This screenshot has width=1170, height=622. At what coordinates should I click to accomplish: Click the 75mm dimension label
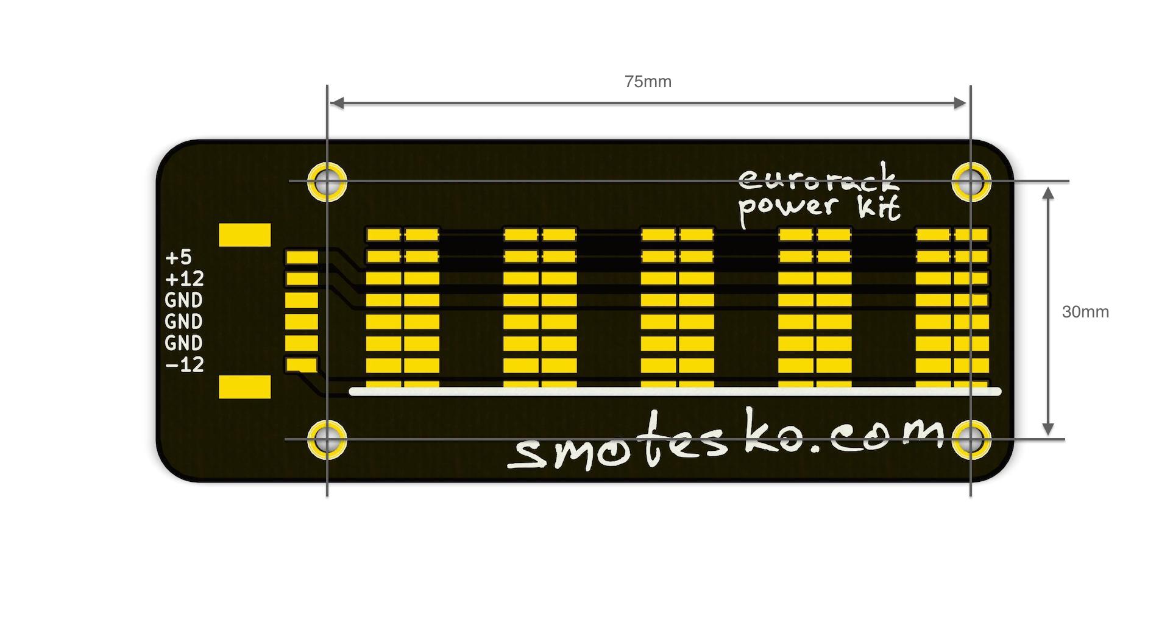pos(648,82)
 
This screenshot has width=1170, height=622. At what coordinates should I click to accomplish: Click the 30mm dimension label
pos(1085,312)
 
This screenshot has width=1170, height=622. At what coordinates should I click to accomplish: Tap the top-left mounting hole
pos(327,182)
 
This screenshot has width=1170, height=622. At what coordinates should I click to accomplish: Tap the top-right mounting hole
pos(971,182)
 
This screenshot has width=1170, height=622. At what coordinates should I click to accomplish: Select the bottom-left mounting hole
pos(327,439)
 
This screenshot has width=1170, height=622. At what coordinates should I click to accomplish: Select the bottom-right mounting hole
pos(971,439)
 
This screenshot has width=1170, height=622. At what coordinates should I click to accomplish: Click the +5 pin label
pos(179,258)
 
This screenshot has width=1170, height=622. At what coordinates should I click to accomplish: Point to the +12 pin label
pos(185,279)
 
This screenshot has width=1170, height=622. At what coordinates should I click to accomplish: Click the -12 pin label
pos(185,365)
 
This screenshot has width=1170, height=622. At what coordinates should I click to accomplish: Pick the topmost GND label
pos(184,300)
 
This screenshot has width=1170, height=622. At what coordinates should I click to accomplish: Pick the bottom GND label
pos(184,343)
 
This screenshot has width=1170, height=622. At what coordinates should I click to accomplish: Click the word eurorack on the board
pos(818,178)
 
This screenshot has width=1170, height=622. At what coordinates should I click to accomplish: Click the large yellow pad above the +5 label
pos(244,235)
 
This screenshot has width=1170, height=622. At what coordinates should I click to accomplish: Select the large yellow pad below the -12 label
pos(244,387)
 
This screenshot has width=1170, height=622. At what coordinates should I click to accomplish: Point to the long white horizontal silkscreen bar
pos(675,392)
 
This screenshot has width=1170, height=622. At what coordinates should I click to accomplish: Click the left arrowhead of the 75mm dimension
pos(336,104)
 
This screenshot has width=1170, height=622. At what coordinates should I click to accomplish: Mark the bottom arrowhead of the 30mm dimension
pos(1048,429)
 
